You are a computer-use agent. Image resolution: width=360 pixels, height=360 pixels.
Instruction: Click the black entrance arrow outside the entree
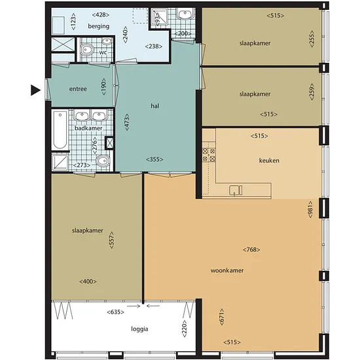click(35, 90)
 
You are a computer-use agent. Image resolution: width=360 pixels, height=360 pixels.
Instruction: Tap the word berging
click(99, 26)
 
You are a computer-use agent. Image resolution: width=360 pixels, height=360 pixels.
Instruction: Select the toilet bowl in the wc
click(88, 50)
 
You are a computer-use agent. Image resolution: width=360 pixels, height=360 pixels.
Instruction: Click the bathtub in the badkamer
click(60, 130)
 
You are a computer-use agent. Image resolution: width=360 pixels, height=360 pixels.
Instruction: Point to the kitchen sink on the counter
click(236, 190)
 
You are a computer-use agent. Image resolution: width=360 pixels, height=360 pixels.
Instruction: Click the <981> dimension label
click(310, 209)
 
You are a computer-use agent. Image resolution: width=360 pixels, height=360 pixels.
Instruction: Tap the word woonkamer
click(227, 270)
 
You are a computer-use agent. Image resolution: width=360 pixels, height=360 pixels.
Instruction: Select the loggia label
click(139, 329)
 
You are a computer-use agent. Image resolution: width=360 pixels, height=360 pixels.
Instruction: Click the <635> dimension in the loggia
click(115, 312)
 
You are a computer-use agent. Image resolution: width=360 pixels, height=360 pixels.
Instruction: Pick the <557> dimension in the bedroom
click(111, 240)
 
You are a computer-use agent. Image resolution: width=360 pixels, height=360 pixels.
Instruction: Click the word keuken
click(269, 160)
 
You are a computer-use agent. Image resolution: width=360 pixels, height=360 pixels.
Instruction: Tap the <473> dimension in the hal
click(127, 122)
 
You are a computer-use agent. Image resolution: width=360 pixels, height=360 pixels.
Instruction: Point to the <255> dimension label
click(312, 39)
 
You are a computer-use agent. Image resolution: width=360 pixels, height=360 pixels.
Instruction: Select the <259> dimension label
click(312, 92)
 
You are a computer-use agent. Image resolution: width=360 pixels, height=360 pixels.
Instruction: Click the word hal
click(155, 106)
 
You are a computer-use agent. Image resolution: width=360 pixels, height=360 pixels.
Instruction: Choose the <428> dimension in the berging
click(101, 15)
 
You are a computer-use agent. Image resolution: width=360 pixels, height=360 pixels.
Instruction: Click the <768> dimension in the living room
click(251, 249)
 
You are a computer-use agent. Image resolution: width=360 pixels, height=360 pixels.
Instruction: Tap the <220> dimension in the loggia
click(185, 329)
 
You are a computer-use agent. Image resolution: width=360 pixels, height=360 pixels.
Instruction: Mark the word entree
click(78, 89)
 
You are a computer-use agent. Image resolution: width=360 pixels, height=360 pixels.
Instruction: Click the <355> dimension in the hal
click(154, 159)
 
